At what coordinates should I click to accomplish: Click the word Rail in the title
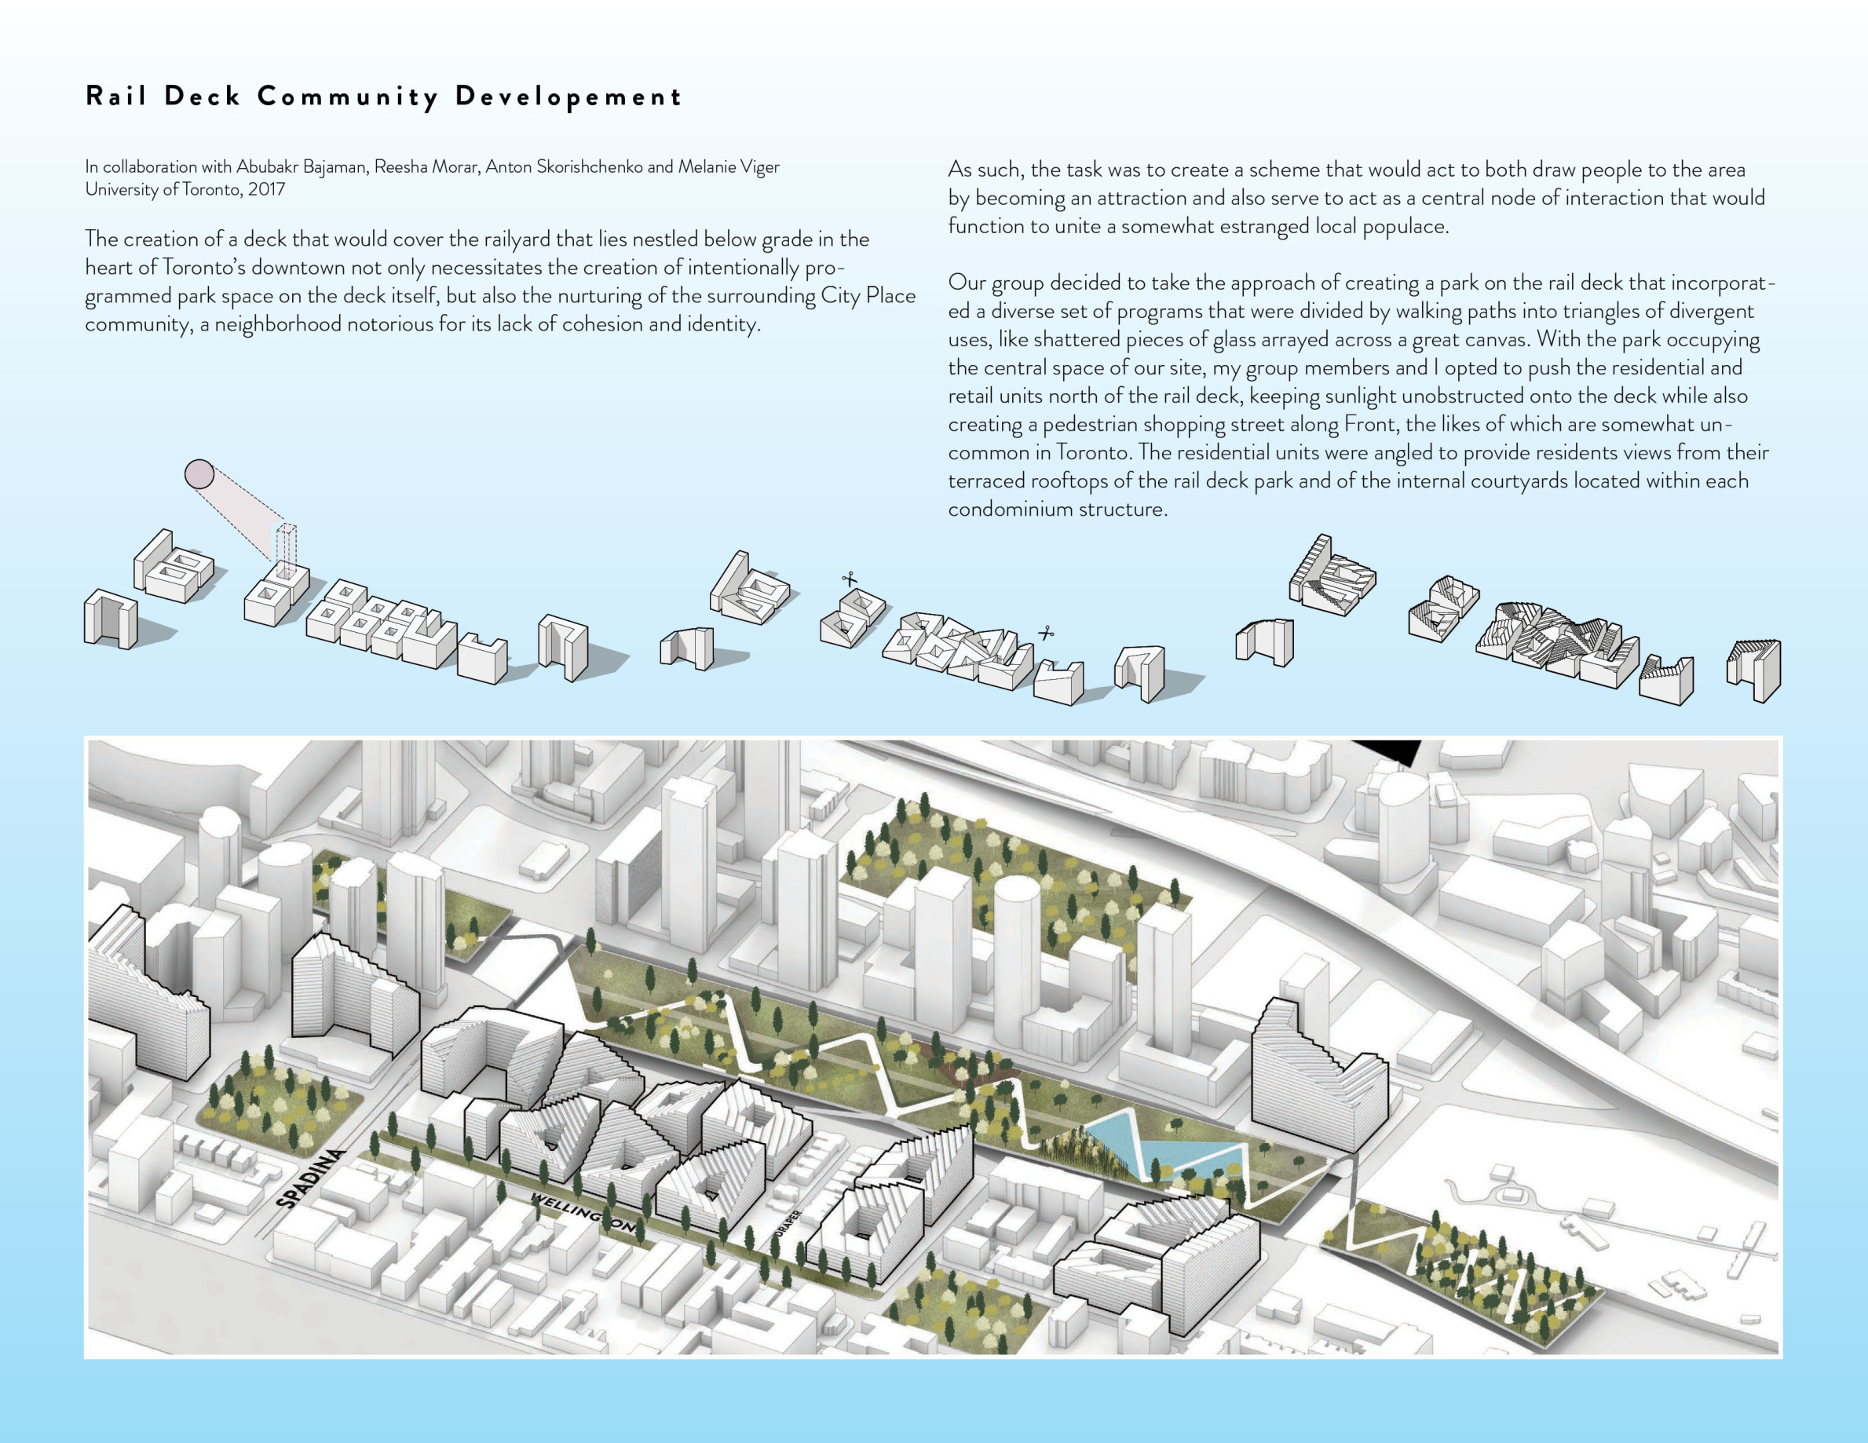(116, 95)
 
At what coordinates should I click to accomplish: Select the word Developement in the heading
(568, 97)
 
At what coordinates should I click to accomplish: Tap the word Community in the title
(349, 97)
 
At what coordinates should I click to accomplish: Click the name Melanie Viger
(729, 166)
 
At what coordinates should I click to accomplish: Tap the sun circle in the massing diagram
(199, 474)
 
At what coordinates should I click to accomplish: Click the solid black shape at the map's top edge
(1385, 751)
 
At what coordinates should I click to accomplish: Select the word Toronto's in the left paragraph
(203, 267)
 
